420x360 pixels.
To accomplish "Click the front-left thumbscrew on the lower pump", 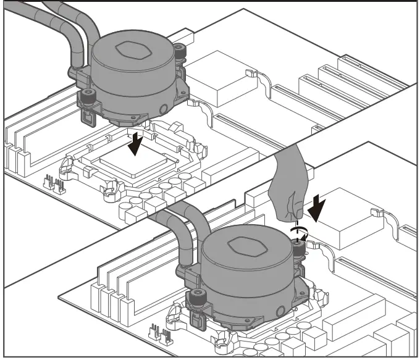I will pos(198,296).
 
